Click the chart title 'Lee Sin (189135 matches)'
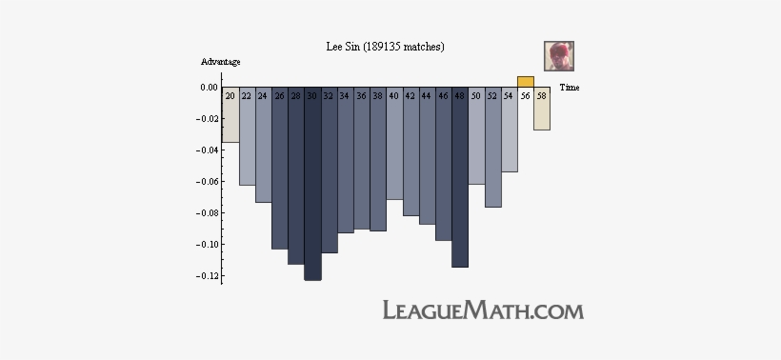(386, 47)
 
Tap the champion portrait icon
(558, 56)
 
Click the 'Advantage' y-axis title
(220, 62)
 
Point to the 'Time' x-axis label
(570, 88)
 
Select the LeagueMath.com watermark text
(482, 310)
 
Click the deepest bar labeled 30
(312, 186)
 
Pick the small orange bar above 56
(525, 82)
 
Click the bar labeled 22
(247, 137)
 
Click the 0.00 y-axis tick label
(208, 88)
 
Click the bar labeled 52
(492, 149)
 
